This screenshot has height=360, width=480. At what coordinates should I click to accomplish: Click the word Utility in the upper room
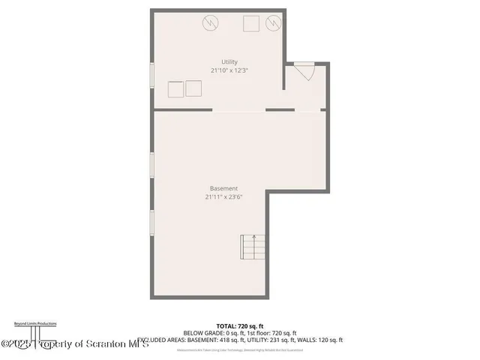click(229, 61)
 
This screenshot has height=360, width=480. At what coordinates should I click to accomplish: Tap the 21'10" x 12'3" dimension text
click(229, 70)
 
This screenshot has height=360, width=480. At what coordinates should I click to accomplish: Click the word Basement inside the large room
click(224, 188)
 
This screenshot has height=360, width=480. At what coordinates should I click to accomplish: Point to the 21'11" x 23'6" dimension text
click(224, 197)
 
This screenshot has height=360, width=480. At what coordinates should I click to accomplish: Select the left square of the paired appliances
click(175, 89)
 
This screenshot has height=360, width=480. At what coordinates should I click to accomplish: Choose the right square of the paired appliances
click(194, 89)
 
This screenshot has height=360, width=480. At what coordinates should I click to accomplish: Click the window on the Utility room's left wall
click(152, 78)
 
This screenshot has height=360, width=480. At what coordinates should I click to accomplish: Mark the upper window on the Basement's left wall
click(152, 168)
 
